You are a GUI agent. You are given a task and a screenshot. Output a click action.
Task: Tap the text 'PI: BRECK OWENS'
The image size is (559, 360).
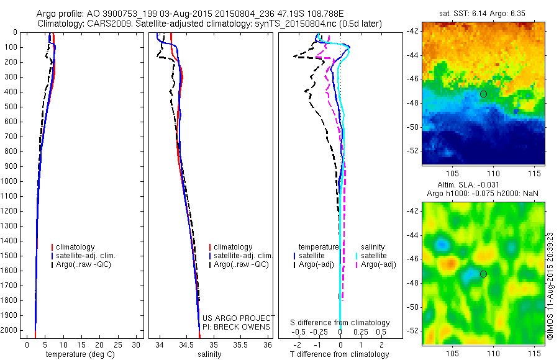click(237, 327)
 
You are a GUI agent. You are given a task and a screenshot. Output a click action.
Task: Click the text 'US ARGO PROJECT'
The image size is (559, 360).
click(237, 318)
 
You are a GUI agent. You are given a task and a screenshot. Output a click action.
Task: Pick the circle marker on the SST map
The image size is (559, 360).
click(483, 94)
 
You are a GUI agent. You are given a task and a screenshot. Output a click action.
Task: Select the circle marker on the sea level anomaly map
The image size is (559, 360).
click(483, 274)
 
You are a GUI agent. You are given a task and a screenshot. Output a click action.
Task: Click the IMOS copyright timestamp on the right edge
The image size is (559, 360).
click(550, 273)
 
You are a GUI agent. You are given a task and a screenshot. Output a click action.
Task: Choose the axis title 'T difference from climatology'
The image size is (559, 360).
click(339, 354)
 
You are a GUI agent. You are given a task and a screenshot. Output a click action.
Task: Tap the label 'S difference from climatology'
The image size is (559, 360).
click(340, 323)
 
